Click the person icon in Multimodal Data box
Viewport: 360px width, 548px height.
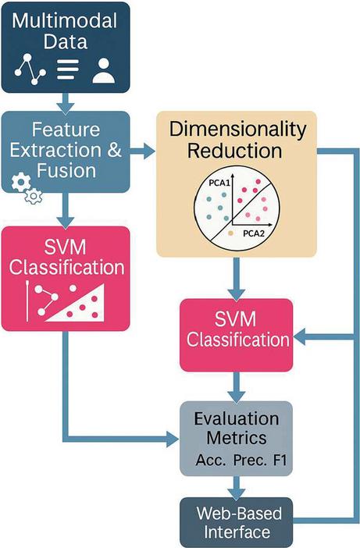103,70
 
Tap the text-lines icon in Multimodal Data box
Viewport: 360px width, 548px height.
68,69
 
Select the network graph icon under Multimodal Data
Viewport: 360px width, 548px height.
30,69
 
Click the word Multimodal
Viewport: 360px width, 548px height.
65,20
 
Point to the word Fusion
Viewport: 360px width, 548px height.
66,171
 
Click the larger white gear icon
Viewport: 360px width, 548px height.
21,181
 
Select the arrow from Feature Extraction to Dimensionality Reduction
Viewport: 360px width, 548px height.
142,151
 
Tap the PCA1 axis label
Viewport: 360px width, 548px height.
219,183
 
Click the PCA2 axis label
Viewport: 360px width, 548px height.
254,233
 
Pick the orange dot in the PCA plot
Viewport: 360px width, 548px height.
230,233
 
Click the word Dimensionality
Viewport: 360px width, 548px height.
237,130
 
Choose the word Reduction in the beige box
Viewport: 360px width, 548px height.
234,151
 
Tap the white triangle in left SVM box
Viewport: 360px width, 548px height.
77,304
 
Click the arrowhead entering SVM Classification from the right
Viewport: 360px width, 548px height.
299,337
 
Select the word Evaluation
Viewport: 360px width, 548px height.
237,418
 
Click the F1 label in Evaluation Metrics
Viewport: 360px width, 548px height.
280,460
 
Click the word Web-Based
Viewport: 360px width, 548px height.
239,514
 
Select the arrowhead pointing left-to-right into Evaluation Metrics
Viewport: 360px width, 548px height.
173,439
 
